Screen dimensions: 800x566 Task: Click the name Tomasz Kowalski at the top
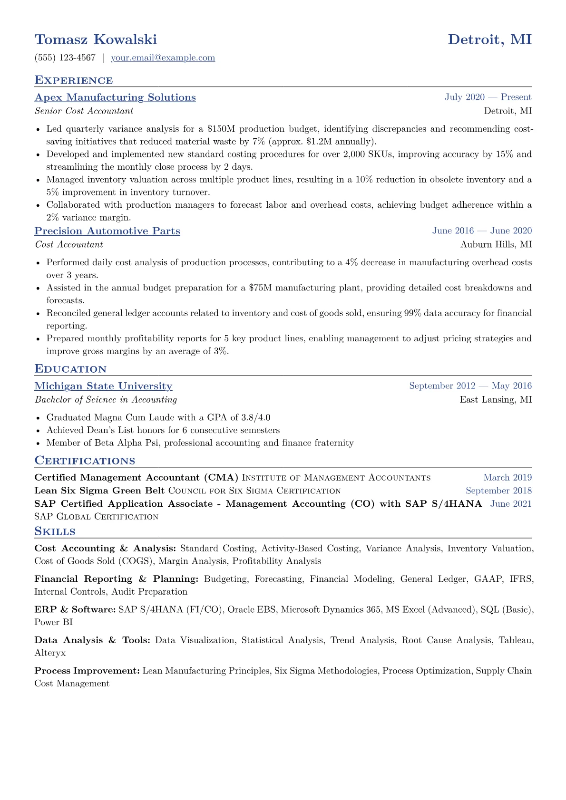coord(96,39)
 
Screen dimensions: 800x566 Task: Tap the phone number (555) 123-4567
coord(65,58)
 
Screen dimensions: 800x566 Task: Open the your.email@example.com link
coord(163,58)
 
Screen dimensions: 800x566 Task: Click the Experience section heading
coord(74,80)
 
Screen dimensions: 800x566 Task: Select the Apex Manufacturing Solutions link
coord(115,97)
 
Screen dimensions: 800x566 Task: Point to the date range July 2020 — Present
coord(488,97)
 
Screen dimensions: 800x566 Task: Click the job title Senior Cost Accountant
coord(84,111)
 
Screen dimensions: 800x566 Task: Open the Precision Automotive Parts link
coord(107,231)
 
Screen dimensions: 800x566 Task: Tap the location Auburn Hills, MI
coord(496,244)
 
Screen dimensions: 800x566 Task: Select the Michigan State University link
coord(103,386)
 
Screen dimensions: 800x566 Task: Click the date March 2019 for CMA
coord(507,478)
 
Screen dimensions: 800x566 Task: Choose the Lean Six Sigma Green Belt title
coord(99,491)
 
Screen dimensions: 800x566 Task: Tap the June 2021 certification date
coord(511,504)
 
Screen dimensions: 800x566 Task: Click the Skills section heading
coord(55,531)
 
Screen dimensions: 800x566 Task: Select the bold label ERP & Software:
coord(75,610)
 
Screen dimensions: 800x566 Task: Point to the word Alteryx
coord(50,653)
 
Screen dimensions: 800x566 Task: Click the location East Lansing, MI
coord(496,400)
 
